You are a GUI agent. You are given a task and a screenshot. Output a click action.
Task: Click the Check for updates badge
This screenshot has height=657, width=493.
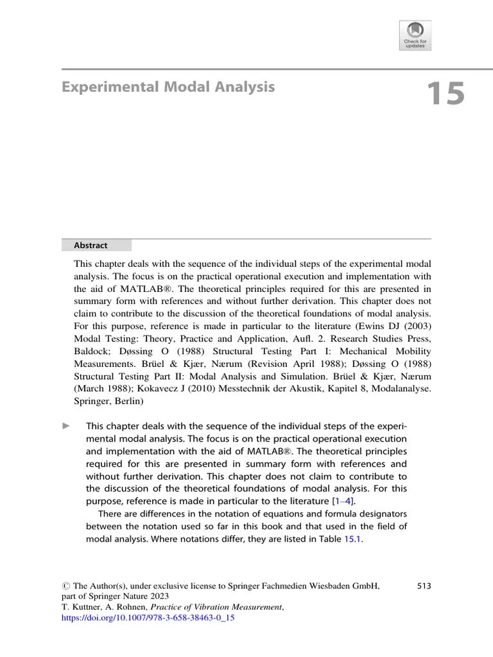click(x=415, y=35)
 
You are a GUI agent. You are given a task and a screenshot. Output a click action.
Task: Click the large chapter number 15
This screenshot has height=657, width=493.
click(x=444, y=94)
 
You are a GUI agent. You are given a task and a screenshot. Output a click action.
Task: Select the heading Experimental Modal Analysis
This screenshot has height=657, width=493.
click(x=168, y=87)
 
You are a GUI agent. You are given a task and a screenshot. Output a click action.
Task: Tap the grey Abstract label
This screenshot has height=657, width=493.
click(x=91, y=245)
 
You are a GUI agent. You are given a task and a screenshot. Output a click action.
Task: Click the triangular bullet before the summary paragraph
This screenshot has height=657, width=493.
click(x=65, y=427)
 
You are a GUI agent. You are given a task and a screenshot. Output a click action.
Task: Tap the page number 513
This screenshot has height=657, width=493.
click(x=423, y=585)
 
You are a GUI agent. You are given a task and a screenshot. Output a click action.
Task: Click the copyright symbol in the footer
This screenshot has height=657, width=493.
click(x=65, y=585)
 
